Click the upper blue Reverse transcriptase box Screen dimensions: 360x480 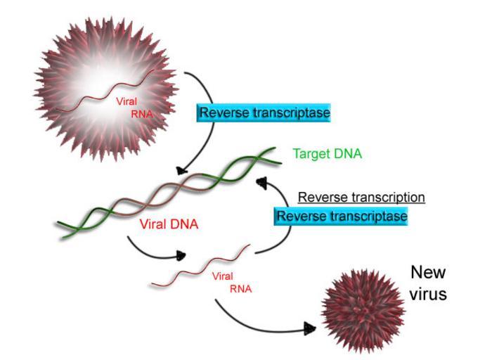pos(264,112)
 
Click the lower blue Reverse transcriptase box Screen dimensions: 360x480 pos(342,216)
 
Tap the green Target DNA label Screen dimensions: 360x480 pos(327,153)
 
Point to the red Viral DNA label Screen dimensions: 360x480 pos(168,225)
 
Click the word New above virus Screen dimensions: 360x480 pos(428,273)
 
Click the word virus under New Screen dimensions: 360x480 pos(428,294)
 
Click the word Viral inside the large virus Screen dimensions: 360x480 pos(127,101)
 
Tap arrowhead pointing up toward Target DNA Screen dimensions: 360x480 pos(262,184)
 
